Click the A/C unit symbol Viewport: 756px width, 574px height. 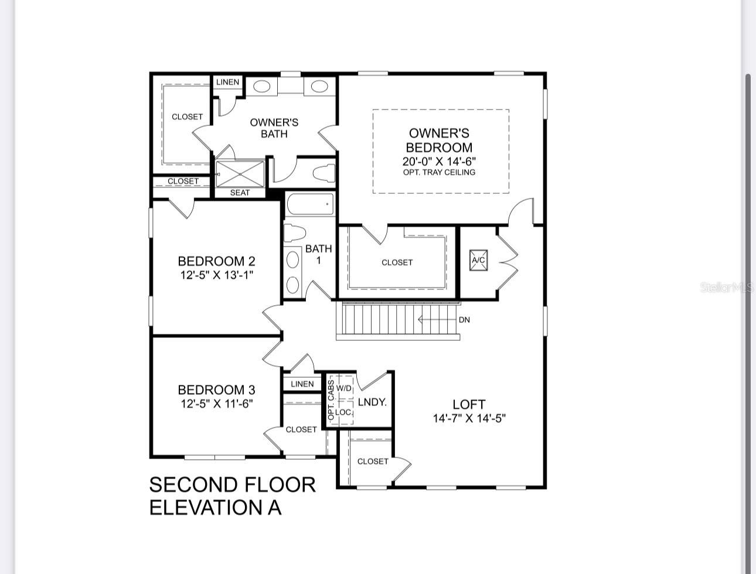click(x=478, y=260)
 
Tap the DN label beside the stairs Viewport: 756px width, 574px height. click(x=464, y=320)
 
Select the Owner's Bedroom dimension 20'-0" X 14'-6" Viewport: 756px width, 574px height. click(x=439, y=161)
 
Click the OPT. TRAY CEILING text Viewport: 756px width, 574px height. click(x=439, y=172)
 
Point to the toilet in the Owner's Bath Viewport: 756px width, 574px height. click(x=323, y=173)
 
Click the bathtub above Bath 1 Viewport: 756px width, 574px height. click(x=310, y=204)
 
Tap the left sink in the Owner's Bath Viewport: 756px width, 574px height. click(x=261, y=87)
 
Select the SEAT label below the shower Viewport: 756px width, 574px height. click(x=240, y=193)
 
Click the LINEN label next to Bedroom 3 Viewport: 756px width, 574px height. click(x=302, y=384)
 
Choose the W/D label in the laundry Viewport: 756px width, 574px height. click(x=344, y=388)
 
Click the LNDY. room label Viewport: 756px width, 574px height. click(x=372, y=402)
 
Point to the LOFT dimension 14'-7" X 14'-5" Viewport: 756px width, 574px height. click(x=469, y=418)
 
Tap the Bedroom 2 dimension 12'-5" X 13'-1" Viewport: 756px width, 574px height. click(x=216, y=275)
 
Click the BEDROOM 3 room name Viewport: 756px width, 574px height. click(x=216, y=389)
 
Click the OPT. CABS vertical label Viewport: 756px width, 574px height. click(x=331, y=399)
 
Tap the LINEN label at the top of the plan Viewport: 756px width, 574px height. click(x=227, y=82)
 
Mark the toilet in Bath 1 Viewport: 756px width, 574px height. click(x=294, y=233)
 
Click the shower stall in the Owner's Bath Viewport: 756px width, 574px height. click(x=240, y=173)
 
